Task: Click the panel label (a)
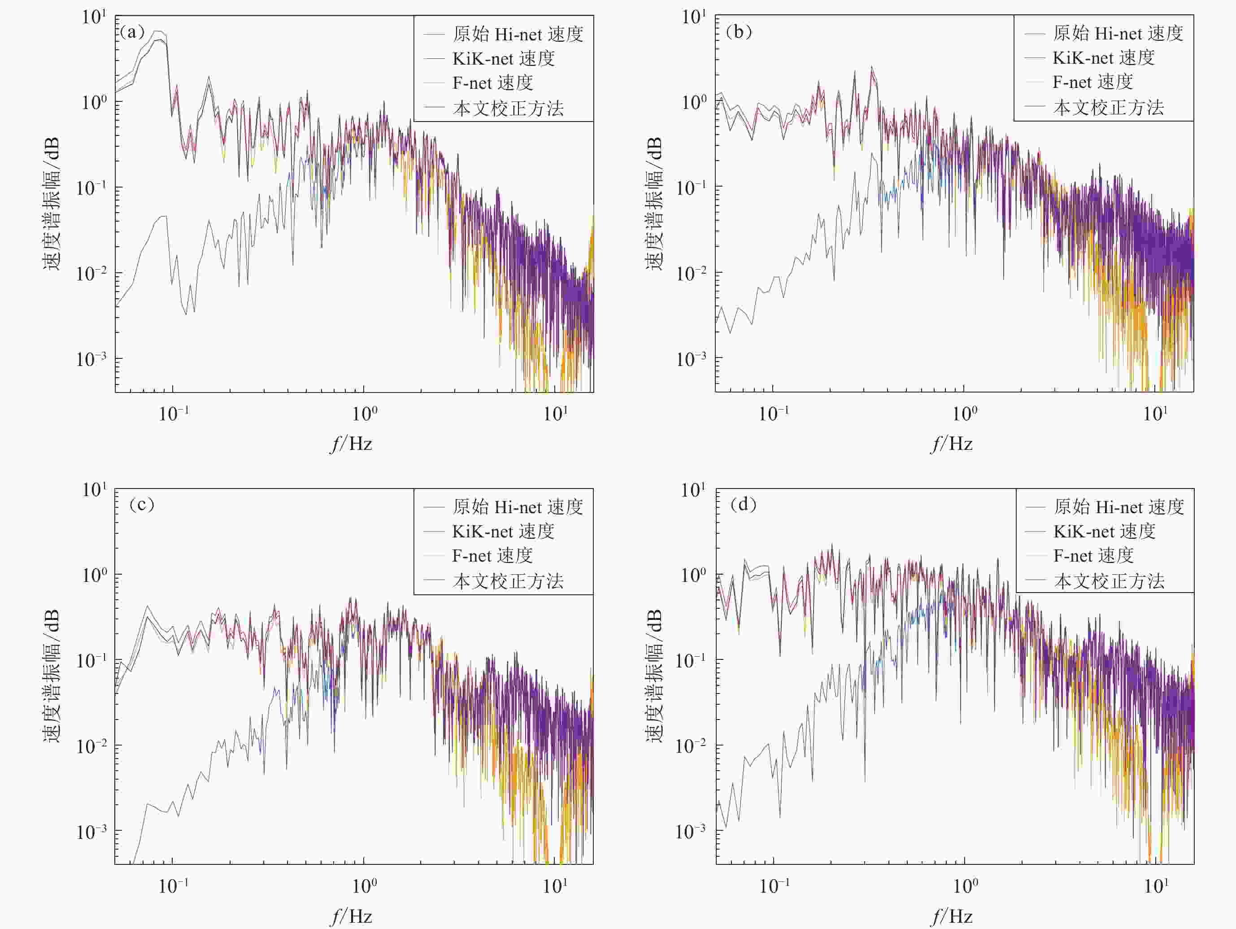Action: [x=132, y=32]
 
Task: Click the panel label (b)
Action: [x=738, y=32]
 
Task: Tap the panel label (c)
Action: [x=141, y=505]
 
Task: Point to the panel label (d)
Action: [x=743, y=505]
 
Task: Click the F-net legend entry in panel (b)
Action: [x=1092, y=82]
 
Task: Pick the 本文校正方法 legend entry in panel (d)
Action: [x=1109, y=581]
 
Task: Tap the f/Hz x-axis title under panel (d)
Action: [x=952, y=916]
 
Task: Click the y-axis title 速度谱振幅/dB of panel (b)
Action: [x=654, y=204]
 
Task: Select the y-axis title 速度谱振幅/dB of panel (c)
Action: [x=52, y=676]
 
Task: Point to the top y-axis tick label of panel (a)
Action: [x=93, y=17]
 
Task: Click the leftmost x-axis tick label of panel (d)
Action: [x=775, y=886]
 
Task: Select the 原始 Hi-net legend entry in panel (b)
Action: [x=1118, y=34]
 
